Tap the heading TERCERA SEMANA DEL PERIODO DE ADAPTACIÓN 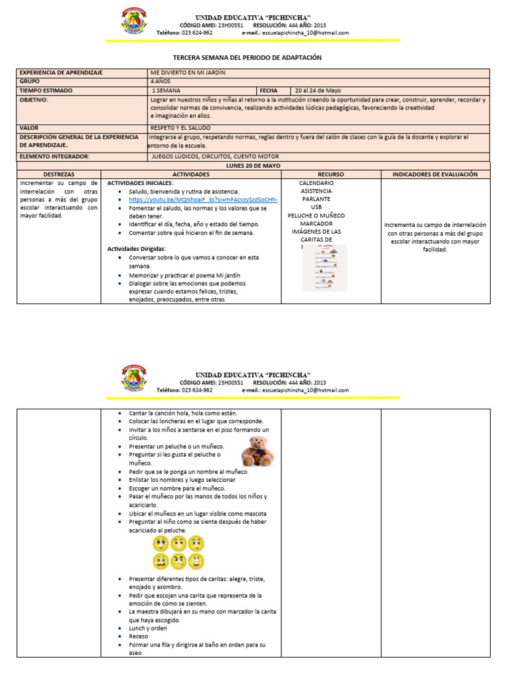click(247, 58)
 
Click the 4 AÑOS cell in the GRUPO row click(160, 82)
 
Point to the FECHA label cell click(269, 91)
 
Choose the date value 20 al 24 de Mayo click(318, 91)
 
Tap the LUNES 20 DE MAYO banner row click(253, 165)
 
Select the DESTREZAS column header click(59, 174)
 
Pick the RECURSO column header click(331, 174)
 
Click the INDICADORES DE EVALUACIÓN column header click(436, 174)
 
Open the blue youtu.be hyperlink click(203, 199)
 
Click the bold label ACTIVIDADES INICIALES click(140, 182)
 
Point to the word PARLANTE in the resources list click(316, 199)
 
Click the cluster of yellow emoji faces click(178, 552)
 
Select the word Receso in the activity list click(138, 636)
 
